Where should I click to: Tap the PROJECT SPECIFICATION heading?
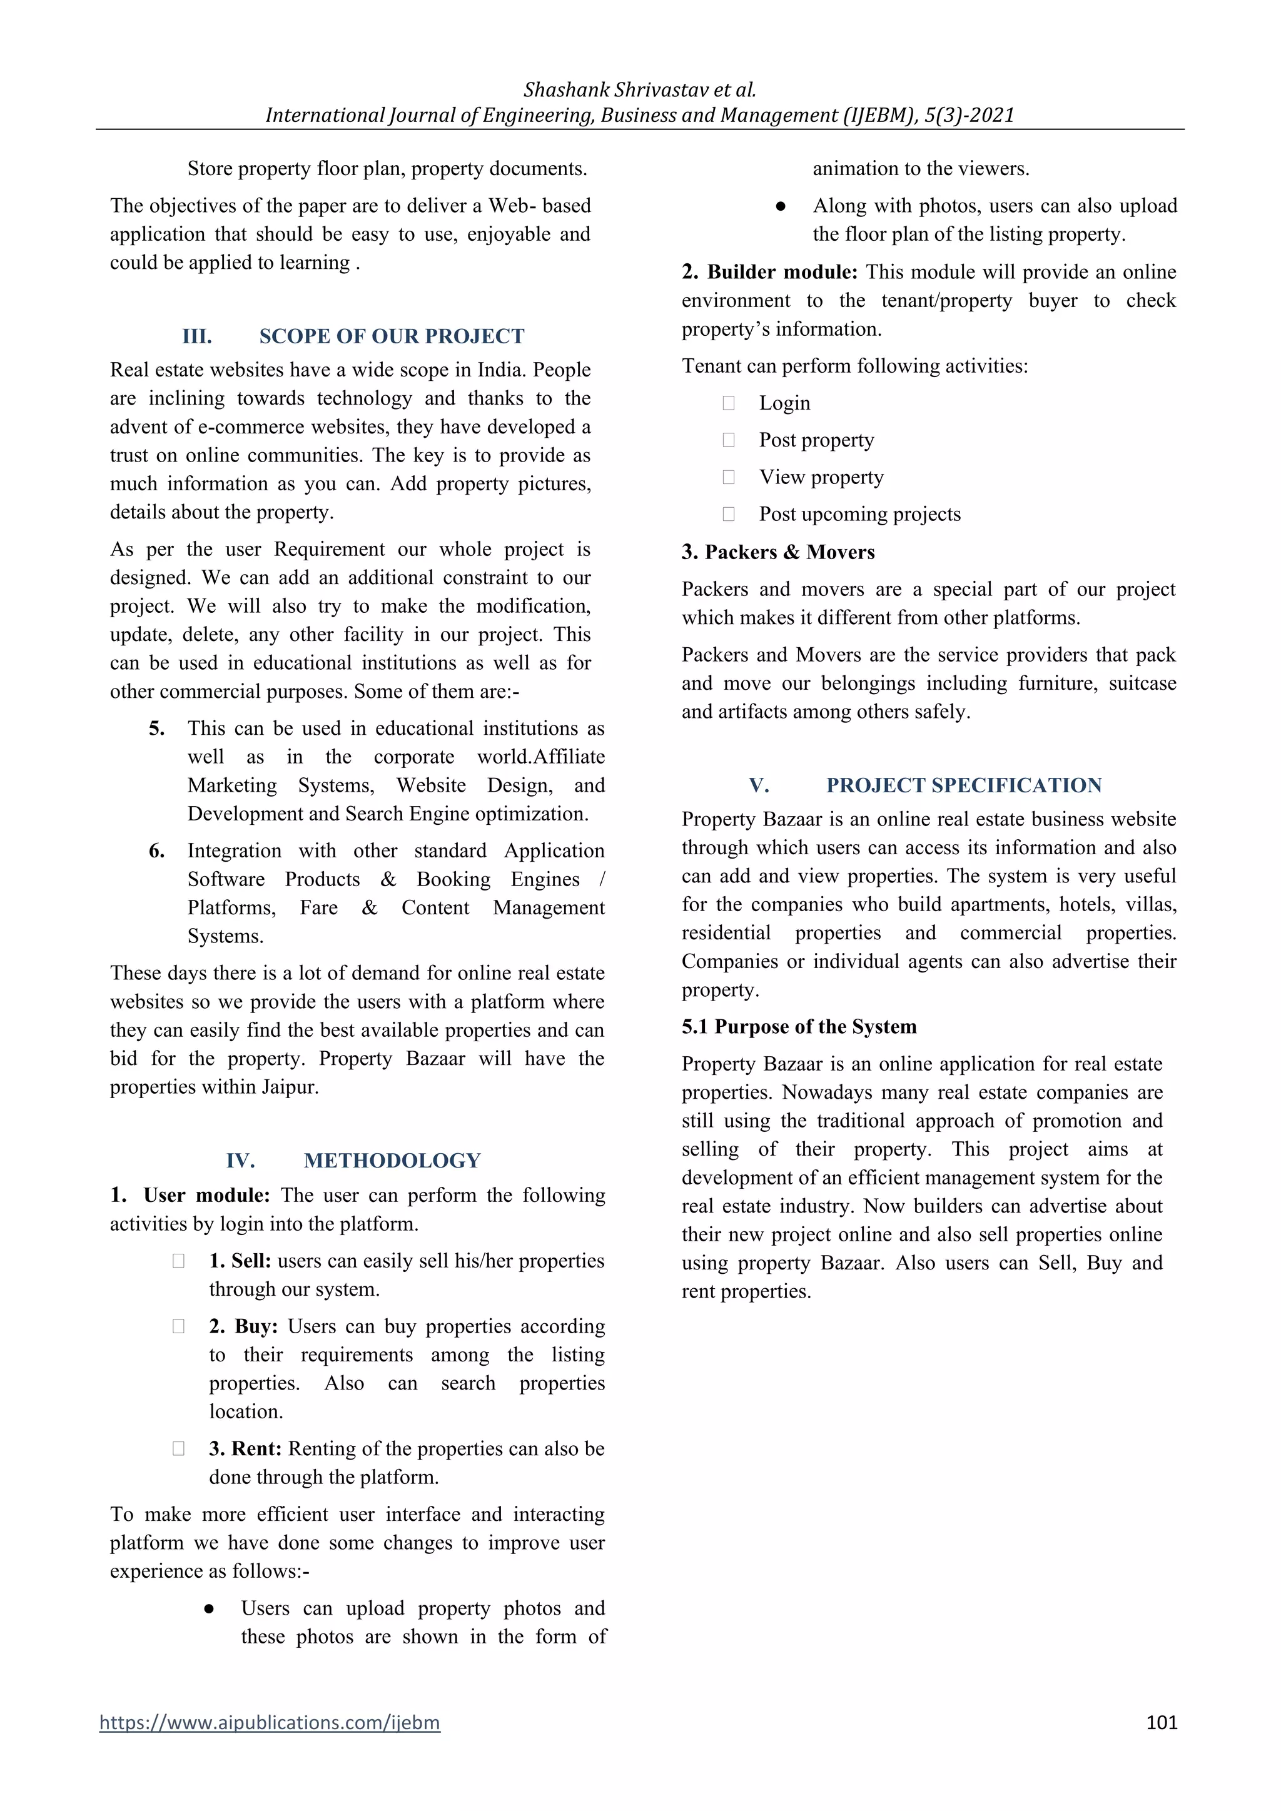tap(964, 785)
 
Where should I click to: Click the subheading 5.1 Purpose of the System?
tap(799, 1026)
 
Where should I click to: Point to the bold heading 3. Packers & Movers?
tap(777, 552)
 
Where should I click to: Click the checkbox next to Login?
tap(729, 403)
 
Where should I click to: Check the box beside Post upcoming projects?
tap(729, 514)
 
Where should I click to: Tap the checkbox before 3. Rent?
tap(178, 1448)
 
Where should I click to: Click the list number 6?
tap(157, 851)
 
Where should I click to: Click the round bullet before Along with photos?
tap(781, 206)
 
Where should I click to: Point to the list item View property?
tap(821, 477)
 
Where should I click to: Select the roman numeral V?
tap(759, 785)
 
